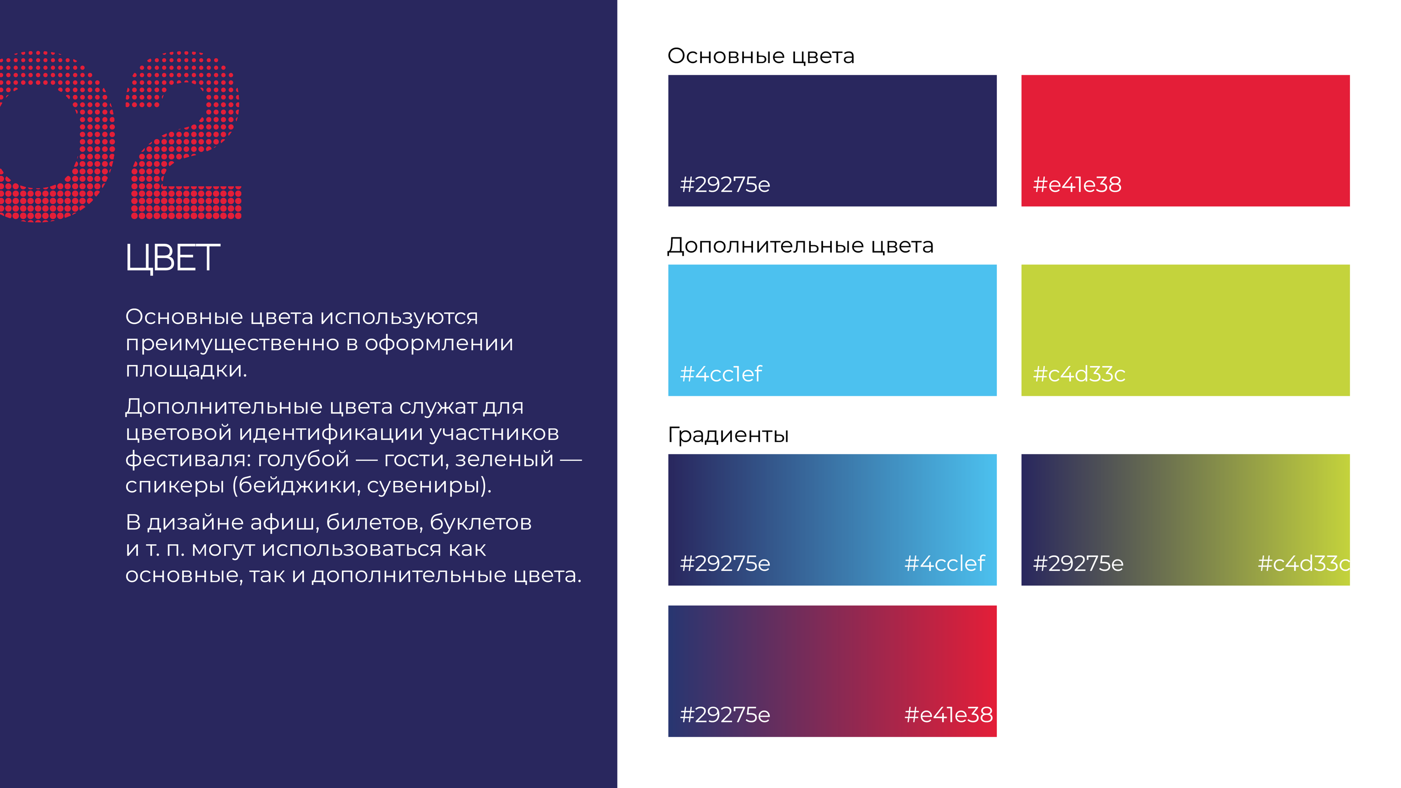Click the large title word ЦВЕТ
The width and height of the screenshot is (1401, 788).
pyautogui.click(x=172, y=258)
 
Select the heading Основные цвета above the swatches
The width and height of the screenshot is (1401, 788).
pyautogui.click(x=761, y=56)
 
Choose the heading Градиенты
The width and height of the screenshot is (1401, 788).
pyautogui.click(x=728, y=435)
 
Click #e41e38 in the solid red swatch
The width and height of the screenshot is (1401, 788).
pyautogui.click(x=1077, y=184)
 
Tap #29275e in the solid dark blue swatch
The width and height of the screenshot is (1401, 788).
pyautogui.click(x=725, y=184)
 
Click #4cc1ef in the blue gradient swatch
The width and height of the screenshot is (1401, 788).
pyautogui.click(x=945, y=563)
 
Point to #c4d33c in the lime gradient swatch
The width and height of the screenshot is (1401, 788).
pyautogui.click(x=1304, y=563)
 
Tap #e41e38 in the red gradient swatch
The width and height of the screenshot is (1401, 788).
pyautogui.click(x=948, y=714)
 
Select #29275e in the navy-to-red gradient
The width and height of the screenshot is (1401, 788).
pyautogui.click(x=725, y=714)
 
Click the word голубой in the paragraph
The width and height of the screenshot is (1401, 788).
pyautogui.click(x=303, y=460)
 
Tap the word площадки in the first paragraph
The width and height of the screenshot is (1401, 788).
pyautogui.click(x=187, y=370)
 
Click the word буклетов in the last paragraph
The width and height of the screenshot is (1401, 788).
pyautogui.click(x=481, y=522)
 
